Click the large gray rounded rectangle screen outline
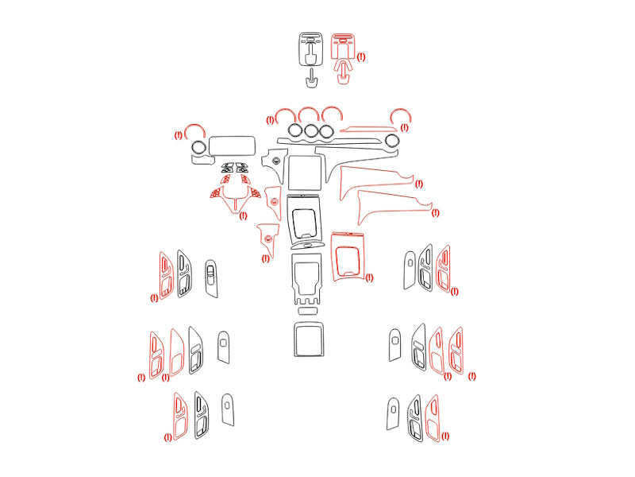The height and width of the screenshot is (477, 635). pos(232,137)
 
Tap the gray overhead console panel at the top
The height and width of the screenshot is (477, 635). pos(311,49)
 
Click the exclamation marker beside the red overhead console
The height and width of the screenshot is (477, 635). pos(361,56)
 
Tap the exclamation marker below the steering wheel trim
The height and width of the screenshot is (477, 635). pos(243,215)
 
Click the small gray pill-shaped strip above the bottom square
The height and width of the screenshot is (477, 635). pos(308,311)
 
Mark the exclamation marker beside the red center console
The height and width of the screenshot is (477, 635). pos(369,277)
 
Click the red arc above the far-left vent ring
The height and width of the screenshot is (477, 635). pos(194,126)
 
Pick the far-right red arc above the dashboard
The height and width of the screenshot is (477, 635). pos(401,110)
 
